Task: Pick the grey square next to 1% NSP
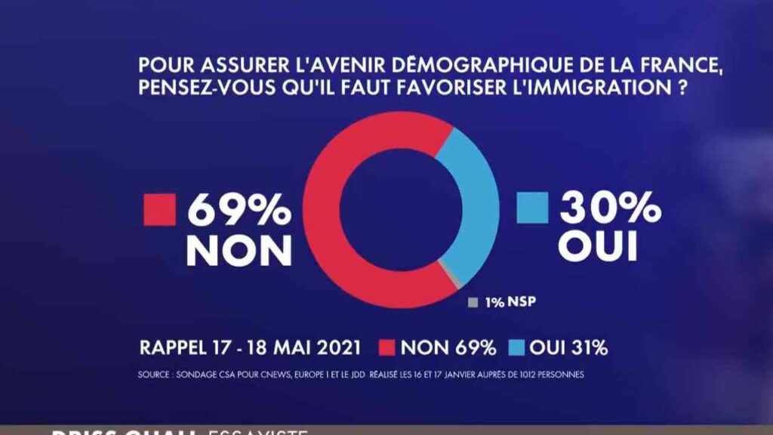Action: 473,303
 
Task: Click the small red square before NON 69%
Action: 385,348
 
